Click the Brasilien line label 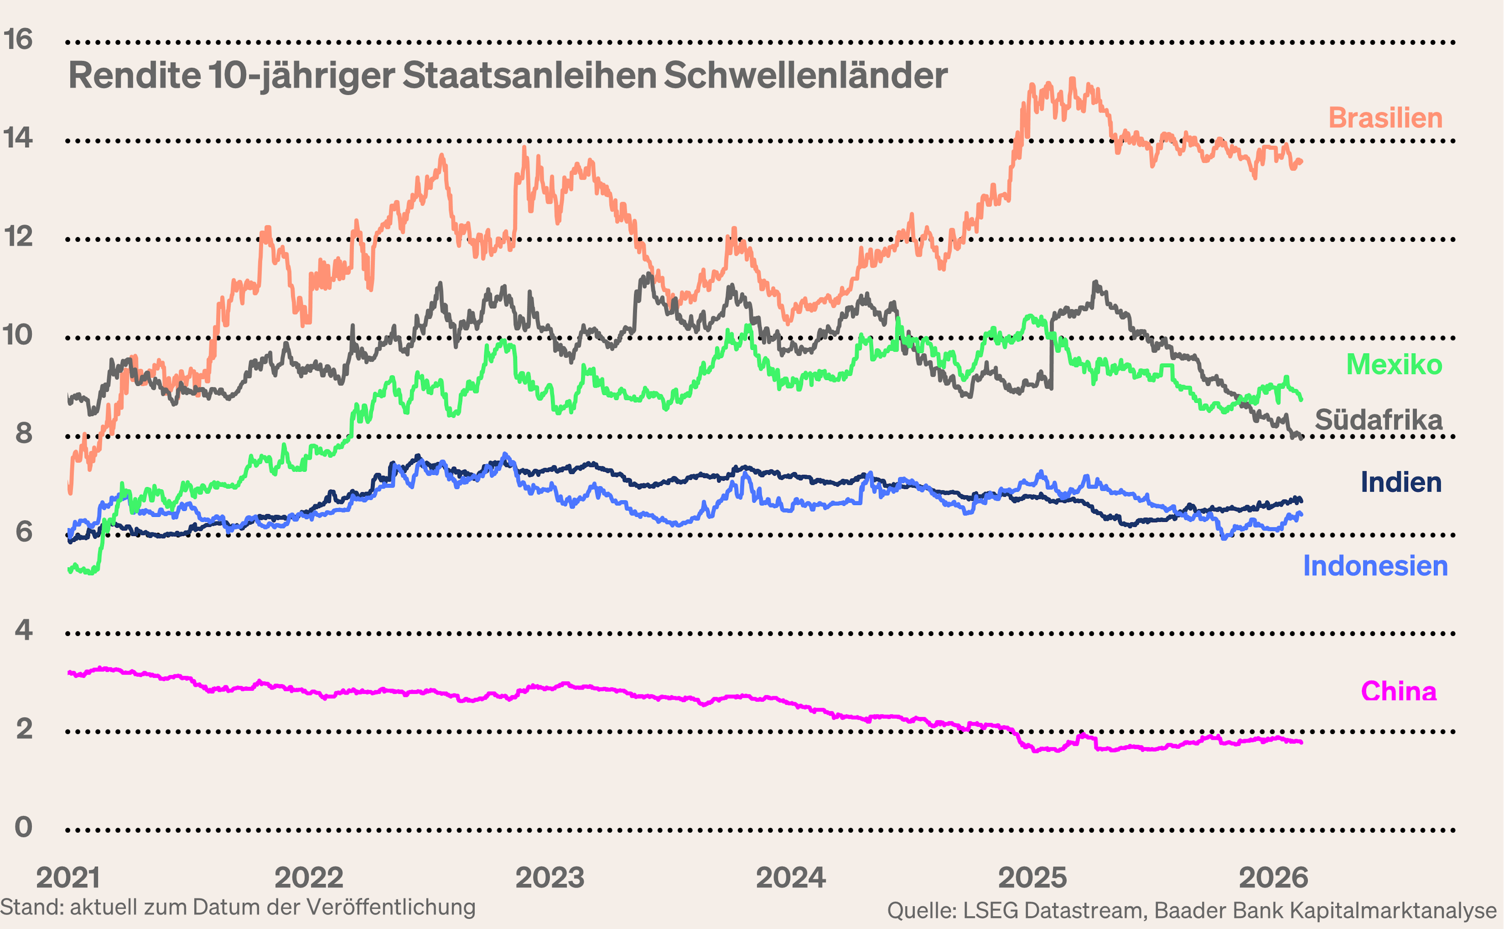[x=1385, y=118]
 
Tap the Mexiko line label [x=1394, y=365]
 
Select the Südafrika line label [x=1379, y=420]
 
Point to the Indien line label [x=1401, y=482]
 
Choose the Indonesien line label [x=1376, y=566]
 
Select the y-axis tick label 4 [x=23, y=630]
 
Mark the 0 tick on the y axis [x=23, y=828]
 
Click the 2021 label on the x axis [x=67, y=878]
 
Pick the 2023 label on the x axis [x=550, y=878]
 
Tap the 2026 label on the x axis [x=1274, y=878]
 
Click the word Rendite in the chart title [x=134, y=76]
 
